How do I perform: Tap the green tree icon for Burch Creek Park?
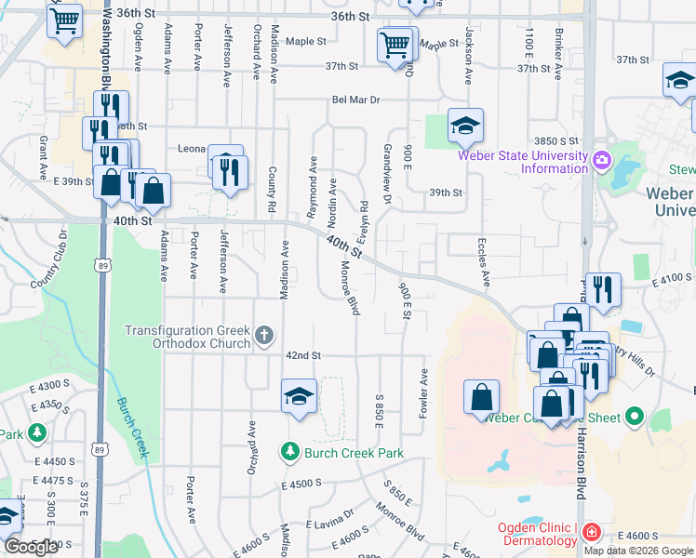coord(289,453)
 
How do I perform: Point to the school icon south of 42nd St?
coord(300,396)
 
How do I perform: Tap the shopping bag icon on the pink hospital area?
coord(482,397)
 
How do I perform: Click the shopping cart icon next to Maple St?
coord(395,44)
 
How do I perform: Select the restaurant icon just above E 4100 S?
coord(605,289)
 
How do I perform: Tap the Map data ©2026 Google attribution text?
coord(638,551)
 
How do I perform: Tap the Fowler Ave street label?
coord(423,393)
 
